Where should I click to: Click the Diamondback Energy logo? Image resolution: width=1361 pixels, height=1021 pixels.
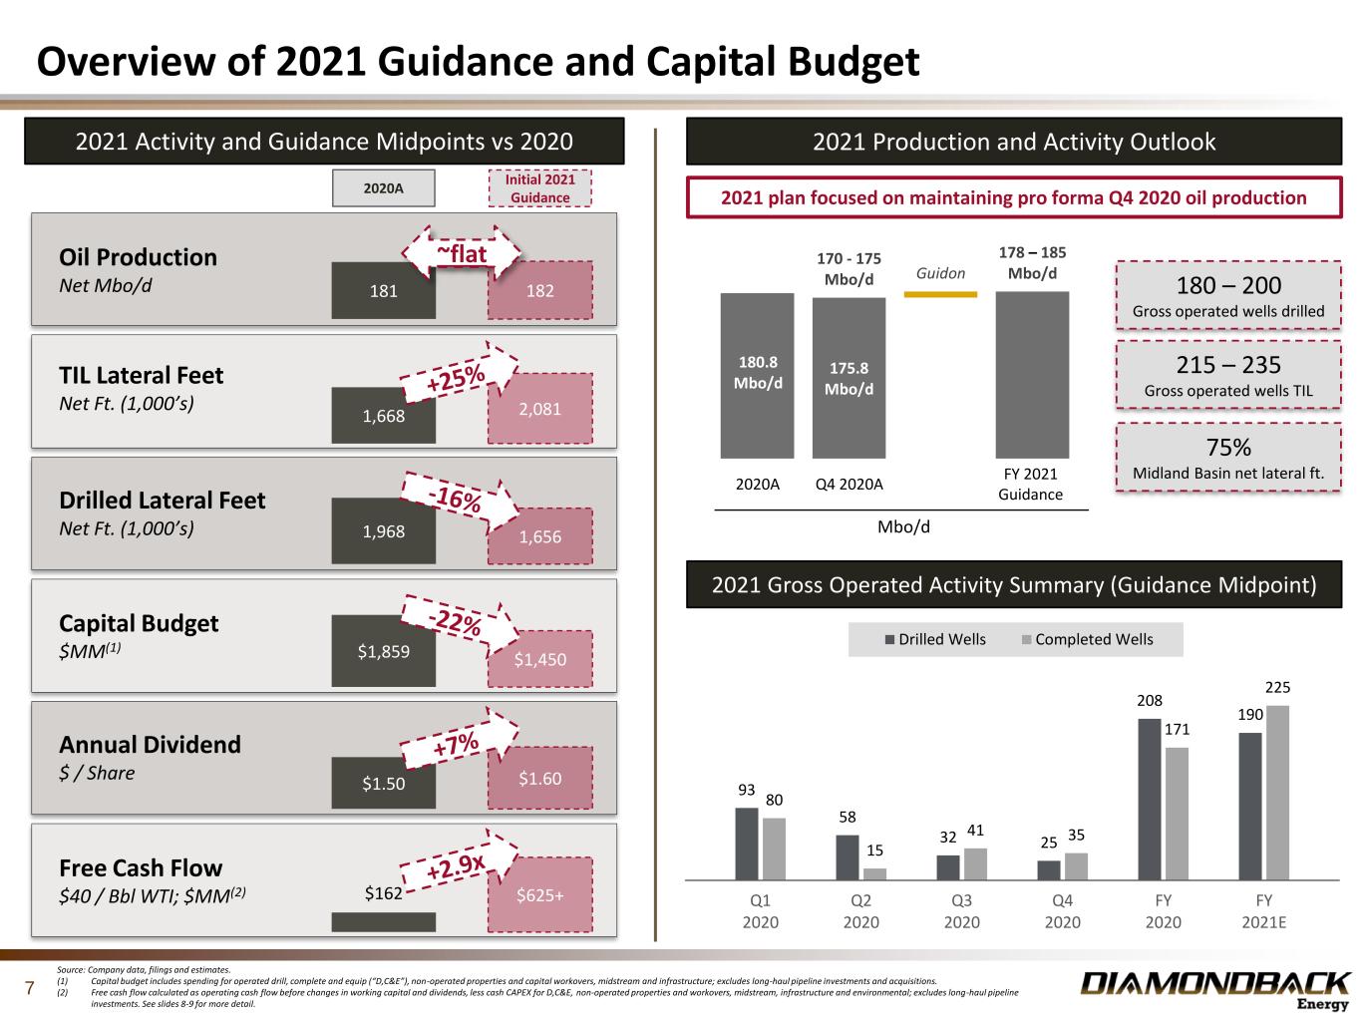click(x=1215, y=989)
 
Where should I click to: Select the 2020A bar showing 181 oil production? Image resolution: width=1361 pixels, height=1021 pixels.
click(x=384, y=290)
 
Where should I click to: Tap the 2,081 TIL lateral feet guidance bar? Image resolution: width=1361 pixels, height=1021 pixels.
click(x=539, y=408)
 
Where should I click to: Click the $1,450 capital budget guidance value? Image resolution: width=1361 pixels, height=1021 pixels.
click(x=539, y=659)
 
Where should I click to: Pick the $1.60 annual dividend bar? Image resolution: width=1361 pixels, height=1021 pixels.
click(x=539, y=778)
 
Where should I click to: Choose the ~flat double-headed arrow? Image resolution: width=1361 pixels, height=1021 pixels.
click(x=462, y=254)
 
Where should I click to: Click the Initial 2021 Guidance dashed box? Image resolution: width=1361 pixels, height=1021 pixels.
click(x=539, y=188)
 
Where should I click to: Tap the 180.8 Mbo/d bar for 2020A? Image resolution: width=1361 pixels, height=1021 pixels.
click(x=757, y=375)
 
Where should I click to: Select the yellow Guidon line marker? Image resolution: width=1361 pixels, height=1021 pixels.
click(x=940, y=294)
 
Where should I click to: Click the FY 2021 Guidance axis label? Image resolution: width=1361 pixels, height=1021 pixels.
click(x=1031, y=484)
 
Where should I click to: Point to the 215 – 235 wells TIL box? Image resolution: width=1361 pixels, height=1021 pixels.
click(x=1227, y=375)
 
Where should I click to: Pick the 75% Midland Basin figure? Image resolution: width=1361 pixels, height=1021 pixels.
click(x=1227, y=447)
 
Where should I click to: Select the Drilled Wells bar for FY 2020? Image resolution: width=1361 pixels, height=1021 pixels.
click(x=1150, y=799)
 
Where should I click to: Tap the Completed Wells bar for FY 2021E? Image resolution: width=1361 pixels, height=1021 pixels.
click(x=1277, y=793)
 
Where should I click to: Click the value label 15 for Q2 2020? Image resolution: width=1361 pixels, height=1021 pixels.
click(x=874, y=851)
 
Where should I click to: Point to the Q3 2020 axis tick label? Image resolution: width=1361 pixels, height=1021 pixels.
click(x=961, y=910)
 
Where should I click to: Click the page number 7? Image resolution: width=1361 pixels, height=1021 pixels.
click(x=30, y=989)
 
